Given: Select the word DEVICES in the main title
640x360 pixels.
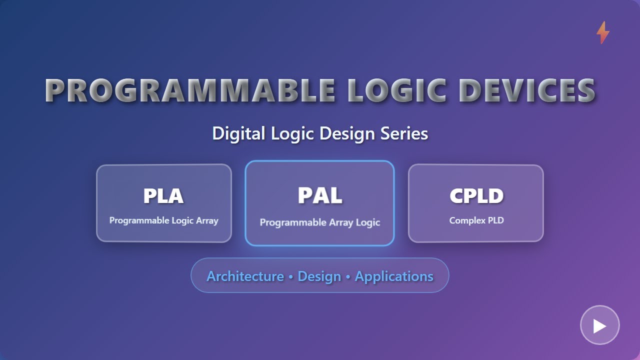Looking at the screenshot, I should point(527,90).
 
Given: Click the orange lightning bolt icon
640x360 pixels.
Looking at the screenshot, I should point(603,32).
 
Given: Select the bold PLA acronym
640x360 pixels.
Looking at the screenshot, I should point(163,196).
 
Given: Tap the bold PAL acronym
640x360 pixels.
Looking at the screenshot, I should point(320,195).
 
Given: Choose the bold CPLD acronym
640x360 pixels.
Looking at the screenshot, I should point(476,196).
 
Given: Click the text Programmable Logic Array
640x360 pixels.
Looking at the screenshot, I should point(163,220).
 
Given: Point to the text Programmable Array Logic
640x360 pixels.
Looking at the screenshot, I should point(320,222).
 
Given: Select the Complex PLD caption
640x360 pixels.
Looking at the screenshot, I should point(476,220).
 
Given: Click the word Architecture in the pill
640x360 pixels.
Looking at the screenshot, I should point(245,276).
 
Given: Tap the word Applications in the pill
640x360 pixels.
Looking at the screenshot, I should point(394,276).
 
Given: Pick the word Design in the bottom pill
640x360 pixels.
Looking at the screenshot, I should point(319,276).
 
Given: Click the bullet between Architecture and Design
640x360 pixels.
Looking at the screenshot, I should point(290,277).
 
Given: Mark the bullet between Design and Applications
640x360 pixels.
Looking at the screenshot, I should point(348,277).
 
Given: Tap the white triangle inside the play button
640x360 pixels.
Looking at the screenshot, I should point(600,325).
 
